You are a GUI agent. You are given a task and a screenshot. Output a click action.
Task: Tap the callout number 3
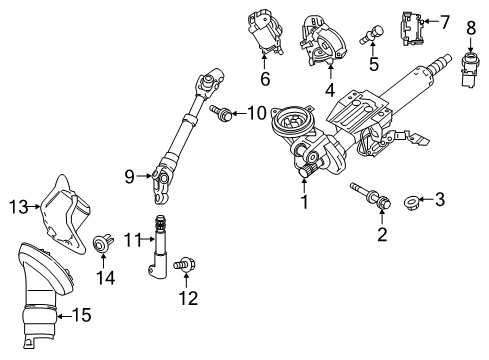(439, 201)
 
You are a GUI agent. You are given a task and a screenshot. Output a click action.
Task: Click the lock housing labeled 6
(264, 34)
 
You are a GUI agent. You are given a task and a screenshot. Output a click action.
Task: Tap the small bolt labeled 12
(183, 264)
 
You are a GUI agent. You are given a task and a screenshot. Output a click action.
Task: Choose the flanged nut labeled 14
(100, 241)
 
